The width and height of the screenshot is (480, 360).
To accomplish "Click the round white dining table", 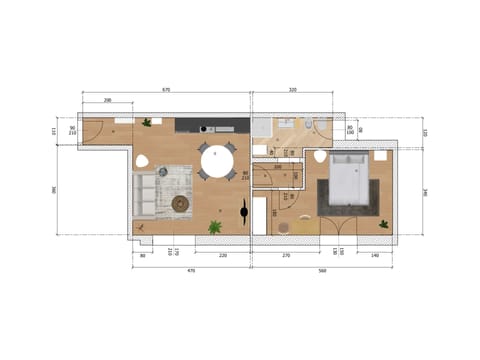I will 217,160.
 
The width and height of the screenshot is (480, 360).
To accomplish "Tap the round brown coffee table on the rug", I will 180,204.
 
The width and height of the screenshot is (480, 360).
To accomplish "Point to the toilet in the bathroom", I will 309,125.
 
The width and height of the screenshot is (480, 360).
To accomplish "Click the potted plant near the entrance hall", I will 147,123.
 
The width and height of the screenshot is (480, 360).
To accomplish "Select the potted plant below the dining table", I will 214,227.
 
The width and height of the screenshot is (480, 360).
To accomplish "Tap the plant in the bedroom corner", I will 384,225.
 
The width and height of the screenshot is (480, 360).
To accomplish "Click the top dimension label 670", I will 166,91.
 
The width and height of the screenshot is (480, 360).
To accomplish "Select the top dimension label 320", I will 293,91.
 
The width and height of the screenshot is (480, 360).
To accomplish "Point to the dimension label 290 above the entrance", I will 107,101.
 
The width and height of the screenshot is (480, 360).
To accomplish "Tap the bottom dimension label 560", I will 322,270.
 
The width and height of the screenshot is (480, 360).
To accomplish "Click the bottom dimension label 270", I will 286,257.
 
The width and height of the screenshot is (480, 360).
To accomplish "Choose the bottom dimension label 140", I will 373,257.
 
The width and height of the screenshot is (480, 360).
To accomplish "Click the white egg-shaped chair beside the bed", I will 320,157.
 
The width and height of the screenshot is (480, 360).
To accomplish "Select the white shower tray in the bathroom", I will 263,128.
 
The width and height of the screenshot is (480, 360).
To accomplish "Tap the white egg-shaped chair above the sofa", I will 142,162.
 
